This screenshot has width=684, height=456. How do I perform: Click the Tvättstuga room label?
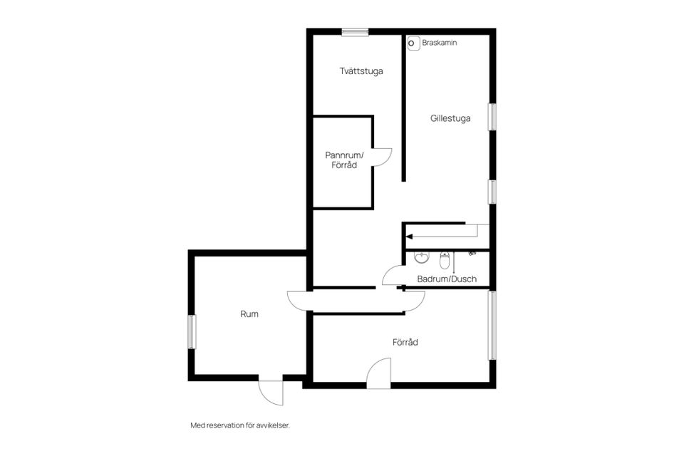(361, 71)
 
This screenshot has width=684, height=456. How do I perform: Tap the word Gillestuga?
(450, 118)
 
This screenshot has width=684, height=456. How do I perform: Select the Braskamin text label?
(440, 43)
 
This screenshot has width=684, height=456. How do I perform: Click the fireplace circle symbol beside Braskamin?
(411, 43)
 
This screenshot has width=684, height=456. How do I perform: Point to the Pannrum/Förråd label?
(344, 160)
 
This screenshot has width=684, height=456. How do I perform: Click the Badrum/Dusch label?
(447, 279)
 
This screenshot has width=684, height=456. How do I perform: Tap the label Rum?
(249, 313)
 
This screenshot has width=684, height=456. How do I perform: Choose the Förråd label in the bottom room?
(405, 342)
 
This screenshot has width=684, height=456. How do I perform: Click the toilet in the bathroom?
(445, 260)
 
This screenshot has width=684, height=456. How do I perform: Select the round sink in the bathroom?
(421, 258)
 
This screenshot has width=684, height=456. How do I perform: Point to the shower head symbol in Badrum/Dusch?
(472, 253)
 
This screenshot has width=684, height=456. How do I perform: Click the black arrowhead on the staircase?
(409, 237)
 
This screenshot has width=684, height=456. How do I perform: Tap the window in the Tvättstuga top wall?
(355, 32)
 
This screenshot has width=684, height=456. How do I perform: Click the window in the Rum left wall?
(192, 331)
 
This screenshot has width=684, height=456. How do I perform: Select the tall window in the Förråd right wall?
(492, 325)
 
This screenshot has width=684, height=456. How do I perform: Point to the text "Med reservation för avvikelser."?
(240, 425)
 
